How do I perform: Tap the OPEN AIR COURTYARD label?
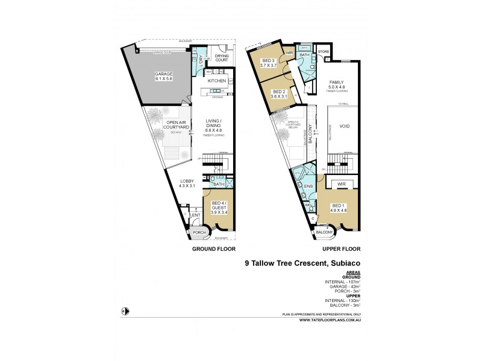tap(178, 125)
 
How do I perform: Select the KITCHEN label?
tap(216, 80)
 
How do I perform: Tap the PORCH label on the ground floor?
tap(199, 233)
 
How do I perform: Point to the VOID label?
tap(344, 127)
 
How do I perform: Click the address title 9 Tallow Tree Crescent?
tap(302, 262)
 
